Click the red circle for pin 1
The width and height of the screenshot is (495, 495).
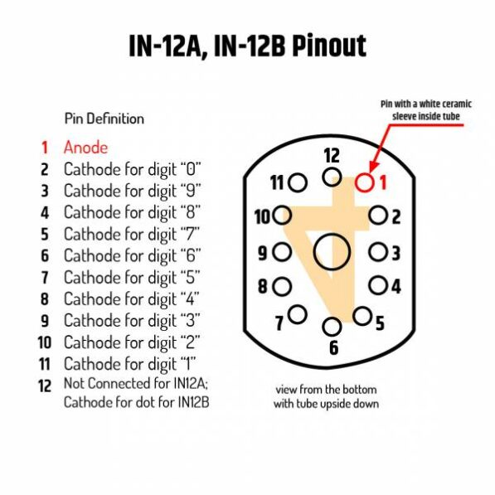pos(356,182)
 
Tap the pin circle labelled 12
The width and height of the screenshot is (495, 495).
pos(323,177)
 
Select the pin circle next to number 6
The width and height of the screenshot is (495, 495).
pos(323,327)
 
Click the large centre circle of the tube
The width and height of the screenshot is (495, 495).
pos(314,252)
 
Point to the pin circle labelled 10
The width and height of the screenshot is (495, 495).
pos(274,216)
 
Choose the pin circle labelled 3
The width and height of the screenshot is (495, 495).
pos(369,252)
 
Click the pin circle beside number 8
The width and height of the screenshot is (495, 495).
pos(273,287)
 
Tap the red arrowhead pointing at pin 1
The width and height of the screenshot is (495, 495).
pos(373,167)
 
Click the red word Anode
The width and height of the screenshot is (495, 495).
pos(85,148)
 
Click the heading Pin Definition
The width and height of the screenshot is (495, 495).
pos(104,119)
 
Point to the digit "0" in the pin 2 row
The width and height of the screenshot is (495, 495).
pos(191,169)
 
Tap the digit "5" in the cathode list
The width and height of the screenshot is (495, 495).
pos(191,278)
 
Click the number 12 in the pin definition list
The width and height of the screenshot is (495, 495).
pos(45,386)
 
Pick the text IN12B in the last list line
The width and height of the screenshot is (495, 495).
pos(193,402)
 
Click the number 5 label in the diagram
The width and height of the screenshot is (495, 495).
pos(380,323)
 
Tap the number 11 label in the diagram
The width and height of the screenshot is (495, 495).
pos(277,182)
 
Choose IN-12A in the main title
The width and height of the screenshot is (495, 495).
pos(165,46)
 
